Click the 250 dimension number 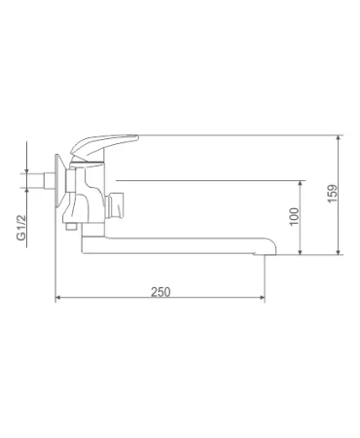click(161, 292)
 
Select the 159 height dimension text click(333, 194)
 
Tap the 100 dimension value click(295, 216)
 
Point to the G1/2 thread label click(21, 227)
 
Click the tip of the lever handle click(137, 137)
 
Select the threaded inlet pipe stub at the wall click(47, 180)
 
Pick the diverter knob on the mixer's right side click(115, 205)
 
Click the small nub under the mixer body click(70, 226)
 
